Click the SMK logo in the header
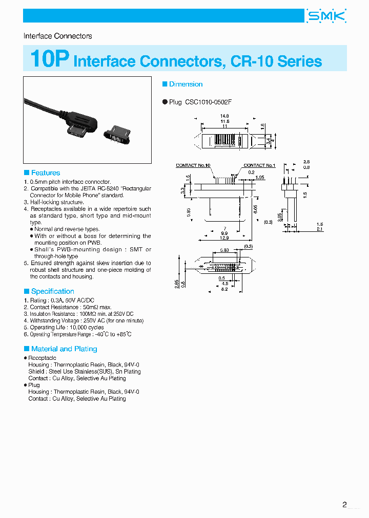coord(326,16)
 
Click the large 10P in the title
coord(49,59)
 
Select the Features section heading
coord(45,173)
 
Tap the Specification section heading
coord(52,291)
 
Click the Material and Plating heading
coord(64,349)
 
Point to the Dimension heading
coord(186,84)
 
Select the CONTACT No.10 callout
coord(193,165)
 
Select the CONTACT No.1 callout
coord(259,165)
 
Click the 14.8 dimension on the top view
coord(224,116)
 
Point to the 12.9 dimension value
coord(224,239)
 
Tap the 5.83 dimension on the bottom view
coord(224,250)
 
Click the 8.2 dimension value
coord(224,290)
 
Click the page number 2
coord(344,505)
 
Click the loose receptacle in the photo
coord(118,135)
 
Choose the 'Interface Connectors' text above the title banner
coord(58,36)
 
